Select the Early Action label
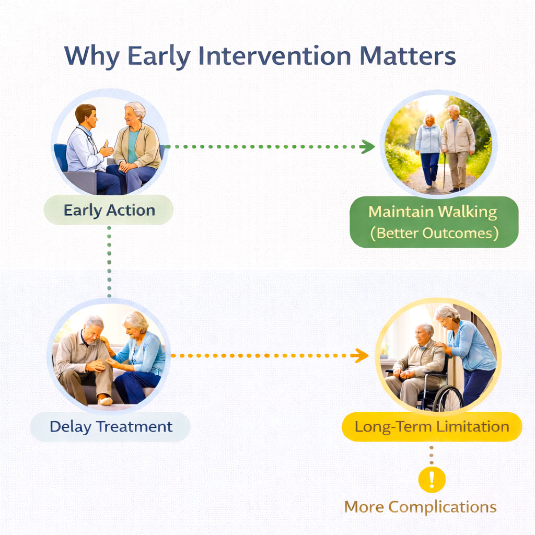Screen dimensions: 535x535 (109, 211)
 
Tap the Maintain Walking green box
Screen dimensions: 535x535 (433, 222)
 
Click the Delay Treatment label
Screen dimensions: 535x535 (111, 426)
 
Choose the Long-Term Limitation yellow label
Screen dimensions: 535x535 (432, 426)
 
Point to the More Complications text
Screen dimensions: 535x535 (420, 507)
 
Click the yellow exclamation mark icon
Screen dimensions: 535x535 (432, 479)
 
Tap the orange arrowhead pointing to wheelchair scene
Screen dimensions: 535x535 (360, 356)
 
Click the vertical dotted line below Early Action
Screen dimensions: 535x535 (109, 261)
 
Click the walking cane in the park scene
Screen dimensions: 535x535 (444, 170)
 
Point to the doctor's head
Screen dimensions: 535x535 (86, 115)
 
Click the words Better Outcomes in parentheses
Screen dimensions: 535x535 (433, 233)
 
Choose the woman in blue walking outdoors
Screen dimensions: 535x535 (429, 149)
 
